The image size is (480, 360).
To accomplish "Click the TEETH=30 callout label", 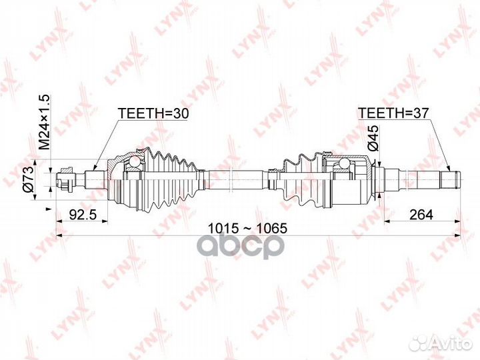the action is tap(153, 113).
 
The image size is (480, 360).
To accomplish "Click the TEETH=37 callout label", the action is tap(393, 113).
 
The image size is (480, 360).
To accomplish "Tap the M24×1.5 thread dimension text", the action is tap(44, 122).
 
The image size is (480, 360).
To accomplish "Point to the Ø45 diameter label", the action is tap(373, 138).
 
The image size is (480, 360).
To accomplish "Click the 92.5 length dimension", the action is tap(83, 215).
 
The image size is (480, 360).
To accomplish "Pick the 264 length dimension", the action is tap(421, 214).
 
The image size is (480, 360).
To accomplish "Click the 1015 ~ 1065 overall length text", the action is tap(247, 228).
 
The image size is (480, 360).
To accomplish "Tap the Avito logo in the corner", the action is tap(441, 341).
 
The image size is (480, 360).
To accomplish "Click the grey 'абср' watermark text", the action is tap(242, 245).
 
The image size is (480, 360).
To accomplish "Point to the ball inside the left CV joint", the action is tap(133, 162).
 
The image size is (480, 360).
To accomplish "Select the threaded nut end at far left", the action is tap(66, 180).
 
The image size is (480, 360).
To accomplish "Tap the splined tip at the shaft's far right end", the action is tap(450, 180).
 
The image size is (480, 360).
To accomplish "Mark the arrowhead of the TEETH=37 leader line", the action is tap(448, 168).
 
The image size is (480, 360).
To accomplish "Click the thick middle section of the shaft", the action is tap(235, 180).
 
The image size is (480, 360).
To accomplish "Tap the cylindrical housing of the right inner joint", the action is tap(352, 181).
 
